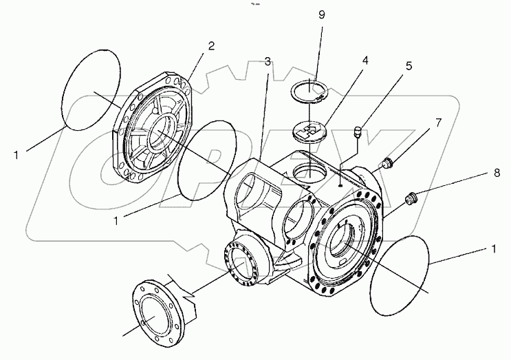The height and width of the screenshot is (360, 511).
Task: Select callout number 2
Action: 211,46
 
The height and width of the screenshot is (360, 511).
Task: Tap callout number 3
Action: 267,62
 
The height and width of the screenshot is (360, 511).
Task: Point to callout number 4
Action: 365,60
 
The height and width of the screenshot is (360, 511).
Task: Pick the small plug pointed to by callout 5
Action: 358,133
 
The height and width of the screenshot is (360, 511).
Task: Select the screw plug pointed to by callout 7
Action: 387,164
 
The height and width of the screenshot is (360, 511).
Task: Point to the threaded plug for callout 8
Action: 413,200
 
